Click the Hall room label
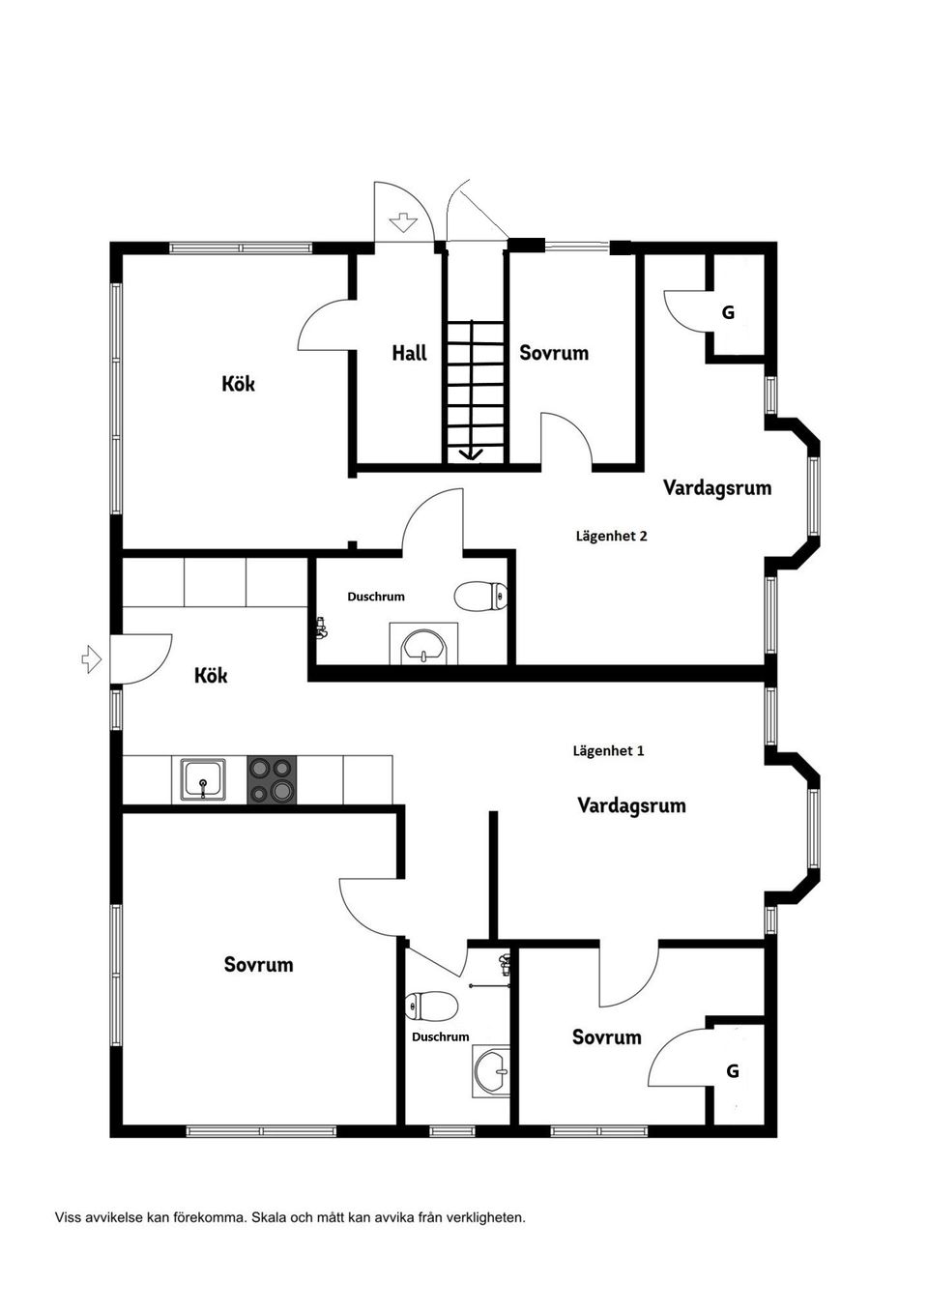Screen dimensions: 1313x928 pyautogui.click(x=409, y=354)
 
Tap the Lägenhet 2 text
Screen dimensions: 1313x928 pyautogui.click(x=611, y=536)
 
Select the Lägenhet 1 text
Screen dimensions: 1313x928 pyautogui.click(x=608, y=750)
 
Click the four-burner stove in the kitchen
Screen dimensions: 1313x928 pyautogui.click(x=272, y=779)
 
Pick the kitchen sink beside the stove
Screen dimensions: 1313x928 pyautogui.click(x=203, y=779)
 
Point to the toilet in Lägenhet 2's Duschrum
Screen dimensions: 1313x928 pyautogui.click(x=481, y=595)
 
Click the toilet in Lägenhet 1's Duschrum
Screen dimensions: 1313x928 pyautogui.click(x=431, y=1007)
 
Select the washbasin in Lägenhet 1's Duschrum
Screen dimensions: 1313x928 pyautogui.click(x=492, y=1071)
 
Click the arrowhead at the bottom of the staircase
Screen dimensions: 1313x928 pyautogui.click(x=472, y=454)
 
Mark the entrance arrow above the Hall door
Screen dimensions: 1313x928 pyautogui.click(x=400, y=224)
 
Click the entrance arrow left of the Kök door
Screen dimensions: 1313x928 pyautogui.click(x=92, y=659)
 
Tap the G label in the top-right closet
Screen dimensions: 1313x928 pyautogui.click(x=729, y=312)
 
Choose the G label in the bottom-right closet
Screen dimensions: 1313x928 pyautogui.click(x=733, y=1071)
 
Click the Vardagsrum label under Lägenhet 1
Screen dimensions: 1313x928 pyautogui.click(x=631, y=805)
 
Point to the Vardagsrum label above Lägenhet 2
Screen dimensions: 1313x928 pyautogui.click(x=716, y=487)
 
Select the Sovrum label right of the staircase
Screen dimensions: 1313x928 pyautogui.click(x=554, y=353)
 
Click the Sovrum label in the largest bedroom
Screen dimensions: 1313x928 pyautogui.click(x=258, y=965)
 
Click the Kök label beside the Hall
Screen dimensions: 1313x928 pyautogui.click(x=238, y=384)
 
